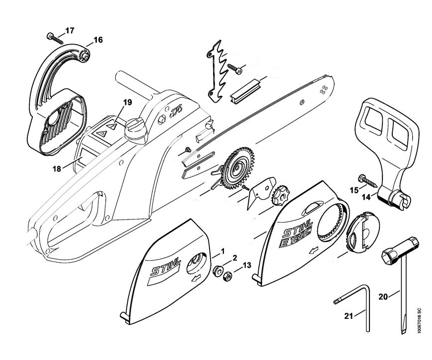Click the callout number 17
(69, 31)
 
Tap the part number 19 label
(128, 103)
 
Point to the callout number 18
(56, 168)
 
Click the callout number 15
(354, 191)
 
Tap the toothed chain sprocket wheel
(236, 168)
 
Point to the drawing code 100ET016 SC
(420, 320)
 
